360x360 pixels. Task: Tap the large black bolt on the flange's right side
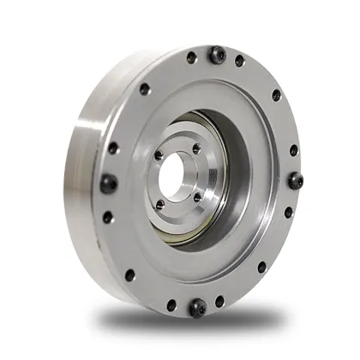[x=296, y=181]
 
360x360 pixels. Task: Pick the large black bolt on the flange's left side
[x=110, y=183]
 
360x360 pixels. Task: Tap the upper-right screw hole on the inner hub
[x=196, y=148]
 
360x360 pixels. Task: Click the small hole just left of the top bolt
[x=191, y=58]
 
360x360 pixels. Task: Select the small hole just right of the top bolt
[x=240, y=60]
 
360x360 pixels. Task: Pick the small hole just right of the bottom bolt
[x=221, y=300]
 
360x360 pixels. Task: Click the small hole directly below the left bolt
[x=108, y=216]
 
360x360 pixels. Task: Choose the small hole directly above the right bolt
[x=293, y=149]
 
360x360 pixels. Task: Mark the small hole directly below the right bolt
[x=288, y=212]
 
